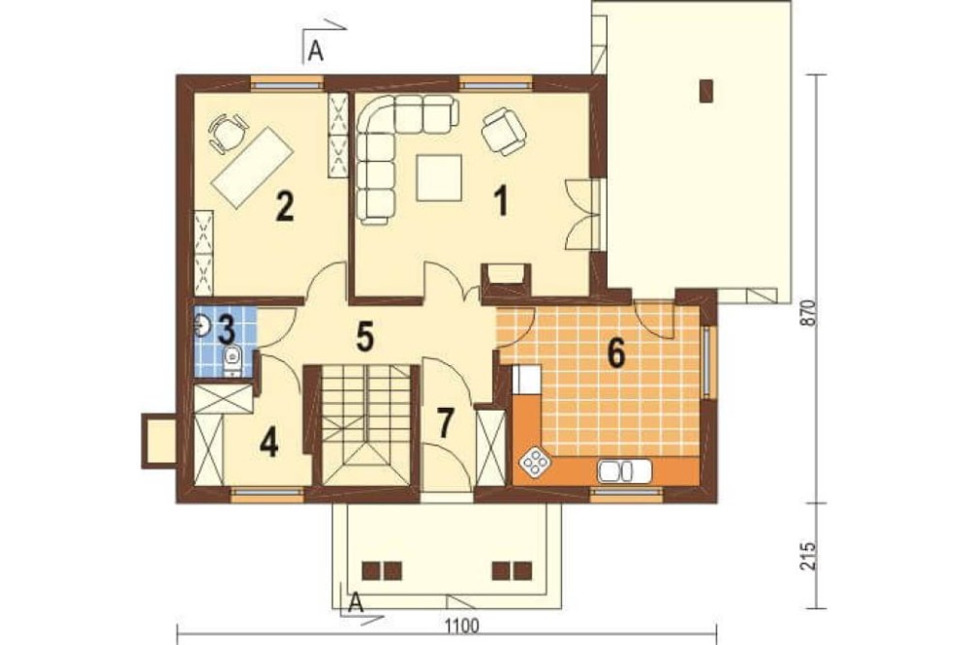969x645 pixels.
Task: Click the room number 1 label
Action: pos(501,201)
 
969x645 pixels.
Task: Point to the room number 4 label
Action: pos(269,443)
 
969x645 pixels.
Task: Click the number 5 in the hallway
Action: pos(364,336)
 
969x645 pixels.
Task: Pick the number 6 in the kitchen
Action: pos(616,354)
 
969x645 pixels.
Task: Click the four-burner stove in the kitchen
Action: pos(535,462)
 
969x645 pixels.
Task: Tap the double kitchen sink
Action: pos(623,471)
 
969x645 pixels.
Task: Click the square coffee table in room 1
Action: pos(439,178)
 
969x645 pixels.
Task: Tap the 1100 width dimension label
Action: pos(461,626)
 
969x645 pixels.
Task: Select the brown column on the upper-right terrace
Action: pos(706,91)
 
